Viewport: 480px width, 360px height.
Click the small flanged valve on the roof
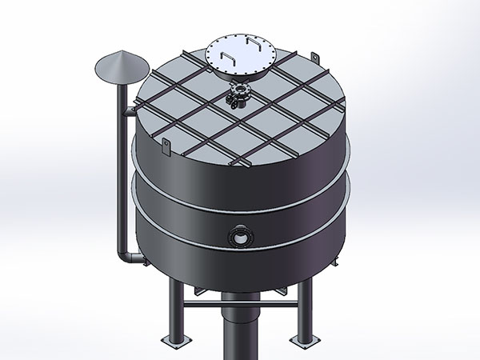point(238,96)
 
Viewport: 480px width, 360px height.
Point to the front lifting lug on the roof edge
point(166,146)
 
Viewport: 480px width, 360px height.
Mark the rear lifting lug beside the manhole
point(315,58)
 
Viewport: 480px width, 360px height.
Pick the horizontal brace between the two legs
point(240,304)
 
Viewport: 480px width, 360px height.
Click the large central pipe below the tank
point(240,328)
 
